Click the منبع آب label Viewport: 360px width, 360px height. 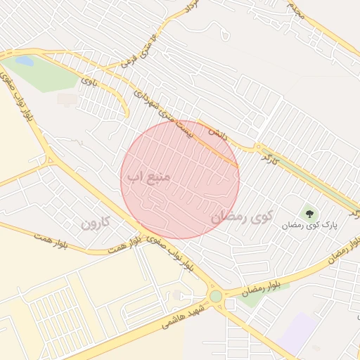pos(148,177)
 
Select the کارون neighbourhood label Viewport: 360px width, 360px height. pos(96,224)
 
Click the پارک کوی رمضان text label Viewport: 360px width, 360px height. pos(310,226)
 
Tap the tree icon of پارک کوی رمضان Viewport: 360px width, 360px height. pos(309,212)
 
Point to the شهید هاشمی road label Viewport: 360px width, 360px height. pos(185,315)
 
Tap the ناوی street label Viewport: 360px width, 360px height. pos(88,82)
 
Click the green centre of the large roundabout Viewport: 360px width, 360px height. pos(216,297)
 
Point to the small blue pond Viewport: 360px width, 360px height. pos(24,61)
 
